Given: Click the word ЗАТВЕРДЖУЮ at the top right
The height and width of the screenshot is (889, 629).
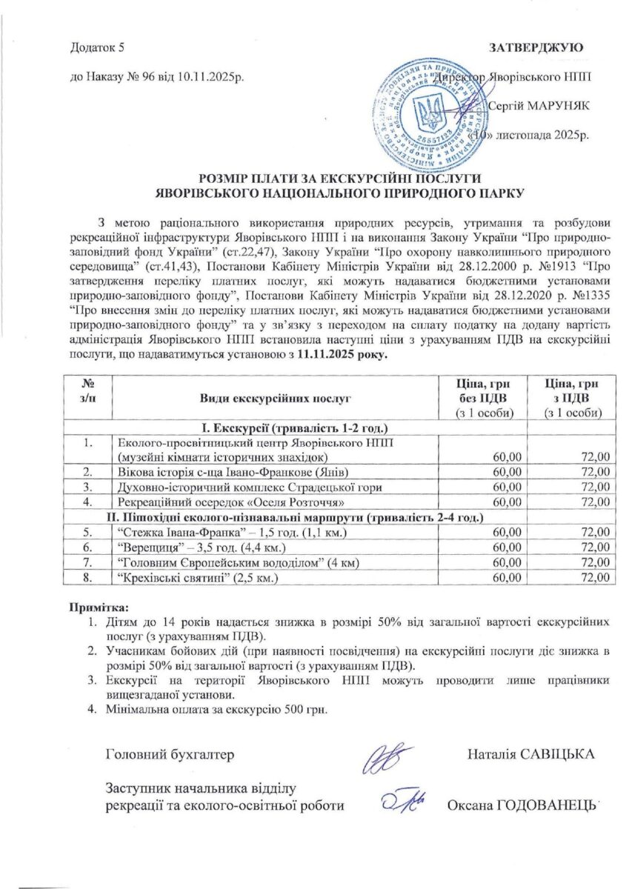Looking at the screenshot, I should [x=536, y=48].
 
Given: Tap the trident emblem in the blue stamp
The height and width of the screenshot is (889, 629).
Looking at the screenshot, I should [x=428, y=114].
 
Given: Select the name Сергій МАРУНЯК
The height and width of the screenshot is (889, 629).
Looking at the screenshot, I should [x=538, y=106].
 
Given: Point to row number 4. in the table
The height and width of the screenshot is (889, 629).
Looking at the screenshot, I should [x=87, y=502].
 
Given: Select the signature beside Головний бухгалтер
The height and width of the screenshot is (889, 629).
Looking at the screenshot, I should [x=387, y=758].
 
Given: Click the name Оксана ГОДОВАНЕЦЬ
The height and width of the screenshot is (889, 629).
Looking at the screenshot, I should [x=522, y=806].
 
